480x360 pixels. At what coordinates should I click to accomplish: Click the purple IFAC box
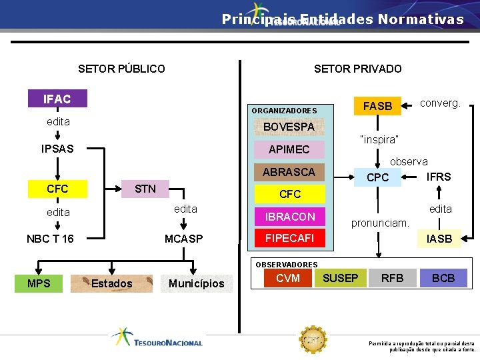pos(57,99)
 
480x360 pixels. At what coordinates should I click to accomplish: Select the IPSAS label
pos(57,148)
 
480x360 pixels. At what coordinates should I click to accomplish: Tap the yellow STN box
pos(145,189)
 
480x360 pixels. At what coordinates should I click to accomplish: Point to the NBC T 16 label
pos(50,239)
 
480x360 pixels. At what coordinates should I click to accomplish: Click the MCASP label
pos(183,239)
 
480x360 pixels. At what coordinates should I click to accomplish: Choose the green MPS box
pos(39,283)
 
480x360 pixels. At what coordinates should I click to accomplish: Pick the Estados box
pos(112,283)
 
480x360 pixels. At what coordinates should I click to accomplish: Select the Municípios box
pos(196,283)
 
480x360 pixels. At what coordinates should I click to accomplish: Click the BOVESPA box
pos(289,127)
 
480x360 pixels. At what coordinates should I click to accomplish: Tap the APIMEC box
pos(289,149)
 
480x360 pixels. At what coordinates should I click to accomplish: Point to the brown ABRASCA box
pos(289,172)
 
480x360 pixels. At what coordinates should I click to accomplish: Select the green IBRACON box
pos(289,217)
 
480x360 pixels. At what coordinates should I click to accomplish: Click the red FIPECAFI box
pos(289,238)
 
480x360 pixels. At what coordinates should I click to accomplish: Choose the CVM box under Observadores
pos(287,278)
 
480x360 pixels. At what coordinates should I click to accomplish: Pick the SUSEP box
pos(341,278)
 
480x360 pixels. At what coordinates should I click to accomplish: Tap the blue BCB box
pos(443,278)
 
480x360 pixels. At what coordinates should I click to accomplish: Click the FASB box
pos(377,106)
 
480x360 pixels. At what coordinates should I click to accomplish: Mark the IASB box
pos(439,238)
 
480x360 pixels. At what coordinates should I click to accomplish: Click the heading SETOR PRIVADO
pos(357,69)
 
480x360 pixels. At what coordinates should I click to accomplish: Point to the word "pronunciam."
pos(380,223)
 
